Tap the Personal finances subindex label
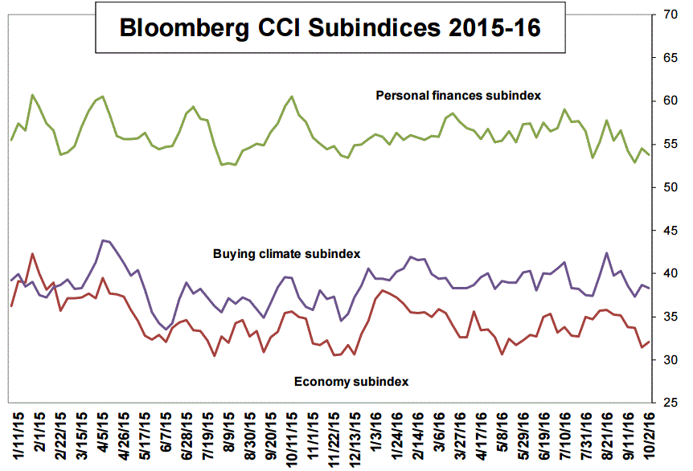point(458,96)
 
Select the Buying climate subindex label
point(285,254)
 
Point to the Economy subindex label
point(351,381)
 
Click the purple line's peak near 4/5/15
point(103,240)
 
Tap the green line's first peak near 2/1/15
point(33,95)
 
